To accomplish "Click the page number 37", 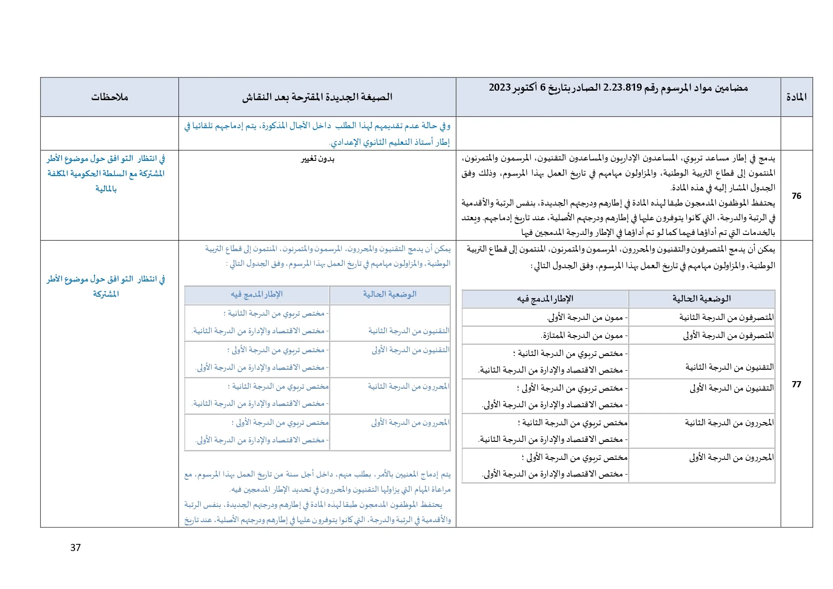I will [75, 548].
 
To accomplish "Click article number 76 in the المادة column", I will [796, 196].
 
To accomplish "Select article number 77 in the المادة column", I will [796, 384].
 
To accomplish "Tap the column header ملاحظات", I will [110, 97].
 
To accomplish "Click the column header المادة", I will [796, 97].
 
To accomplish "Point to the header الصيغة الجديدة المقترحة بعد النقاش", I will [317, 97].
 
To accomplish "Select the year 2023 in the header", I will [500, 88].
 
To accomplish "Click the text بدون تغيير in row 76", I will [318, 159].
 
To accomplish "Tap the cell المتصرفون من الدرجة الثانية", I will [726, 317].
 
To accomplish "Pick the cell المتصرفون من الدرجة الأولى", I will [728, 336].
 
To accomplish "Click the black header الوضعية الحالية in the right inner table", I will [701, 299].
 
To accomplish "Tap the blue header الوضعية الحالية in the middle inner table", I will [389, 294].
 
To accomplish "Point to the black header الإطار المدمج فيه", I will [545, 299].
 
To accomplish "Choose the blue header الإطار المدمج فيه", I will [257, 294].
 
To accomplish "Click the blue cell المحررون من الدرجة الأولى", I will [410, 423].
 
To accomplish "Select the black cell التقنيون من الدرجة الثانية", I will [729, 367].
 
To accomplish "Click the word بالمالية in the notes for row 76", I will [106, 189].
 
